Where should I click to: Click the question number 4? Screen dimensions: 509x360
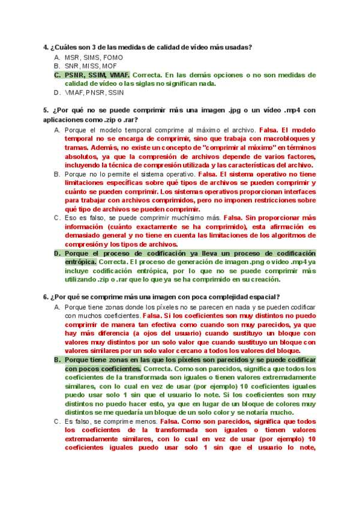45,47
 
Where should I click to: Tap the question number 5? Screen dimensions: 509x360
45,110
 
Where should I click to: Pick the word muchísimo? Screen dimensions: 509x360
182,218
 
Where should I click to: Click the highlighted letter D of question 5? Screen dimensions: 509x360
56,254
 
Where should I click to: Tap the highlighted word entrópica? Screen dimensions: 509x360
80,262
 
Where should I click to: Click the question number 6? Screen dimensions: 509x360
45,297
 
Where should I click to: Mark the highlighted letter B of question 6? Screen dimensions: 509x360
56,360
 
